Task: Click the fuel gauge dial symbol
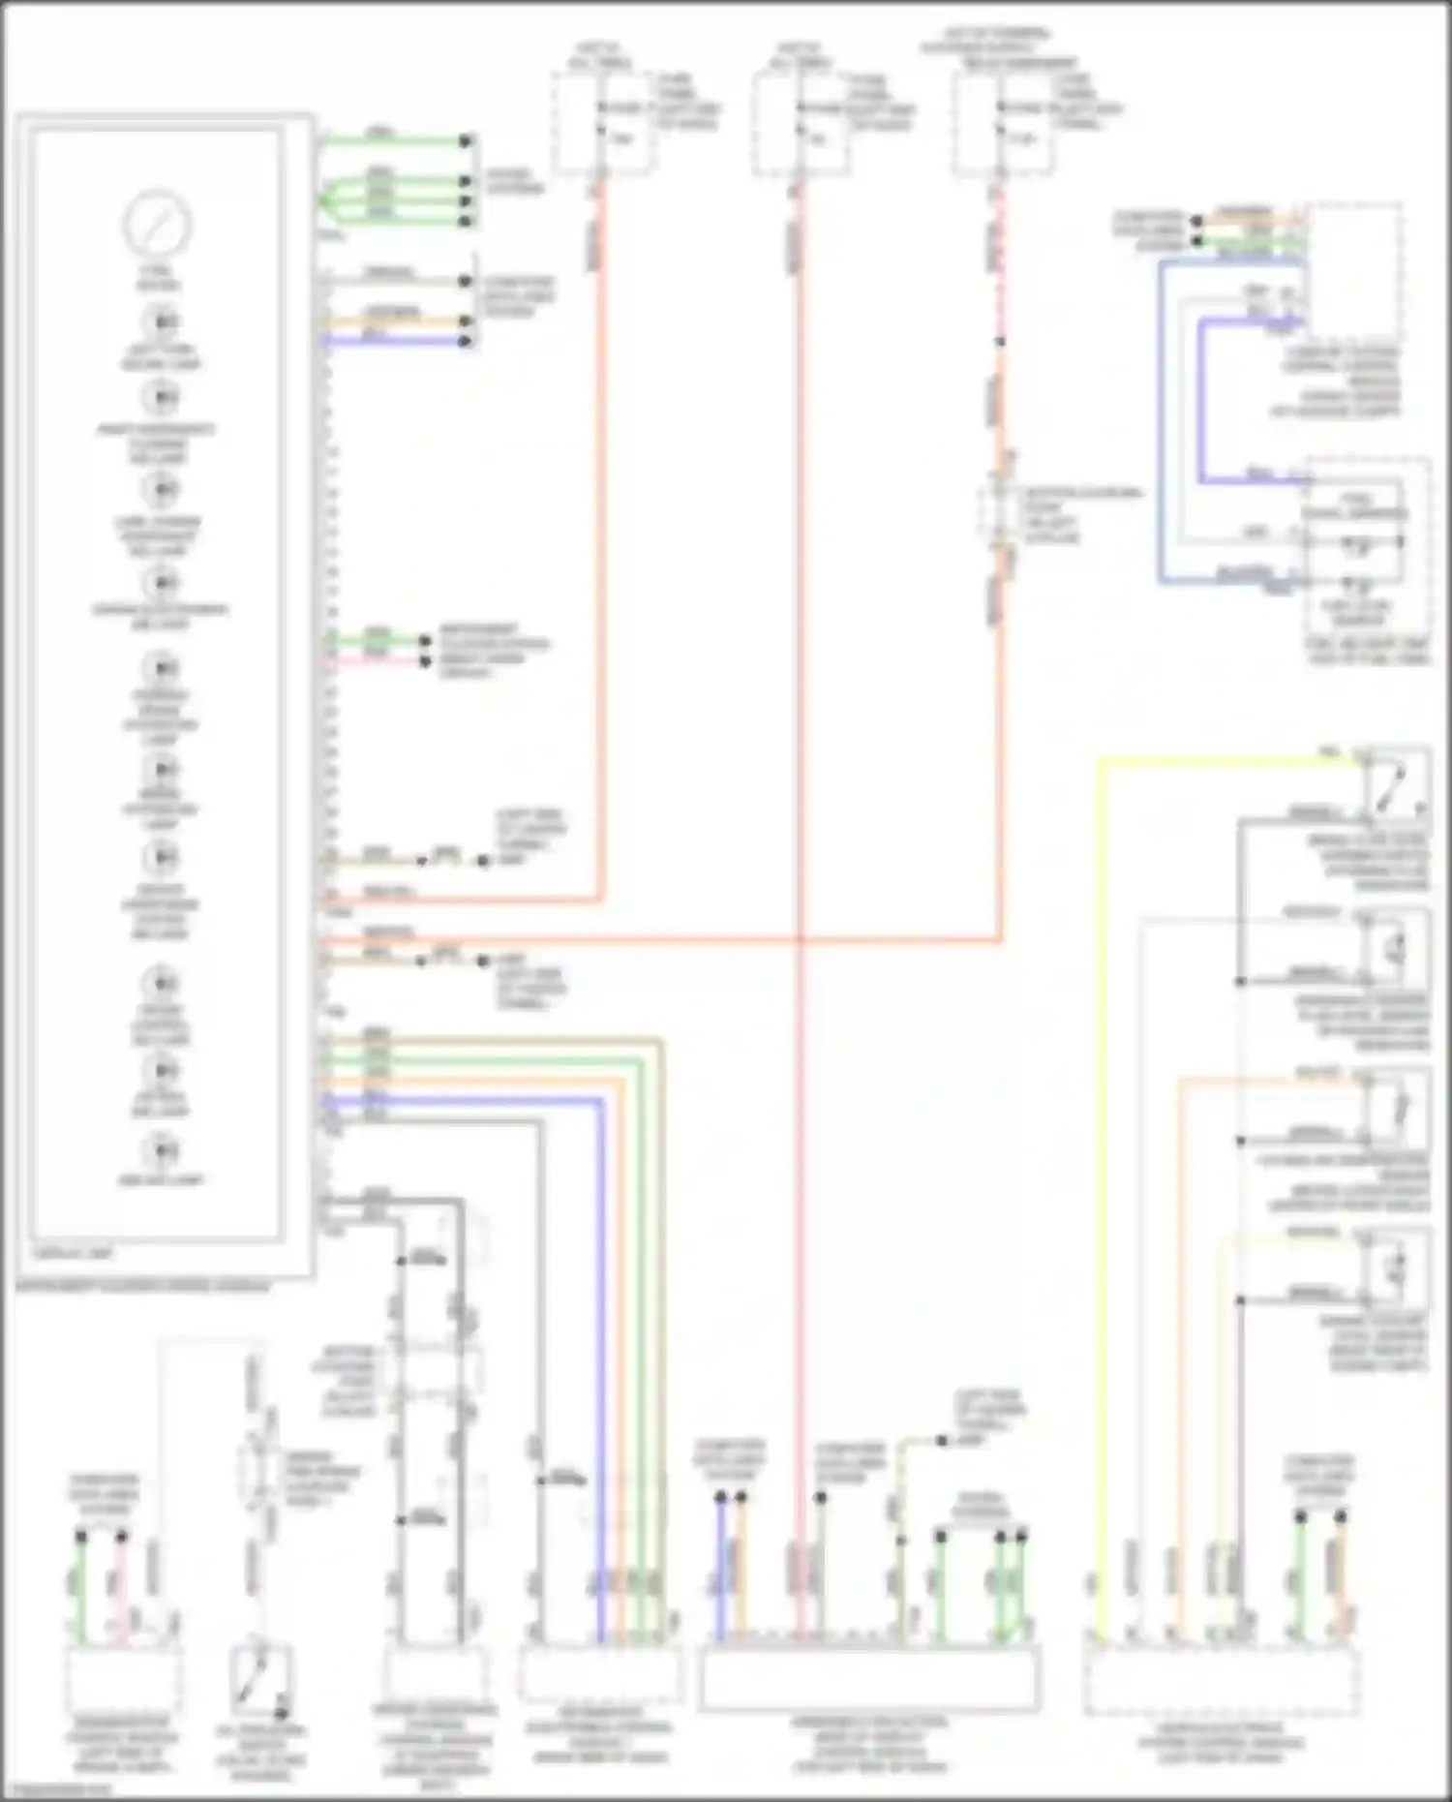pos(157,224)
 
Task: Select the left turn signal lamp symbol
pos(162,321)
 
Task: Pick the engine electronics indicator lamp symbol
pos(162,583)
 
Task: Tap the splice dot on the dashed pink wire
pos(1000,342)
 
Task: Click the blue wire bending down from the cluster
pos(600,1356)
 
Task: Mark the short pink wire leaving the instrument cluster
pos(378,661)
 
